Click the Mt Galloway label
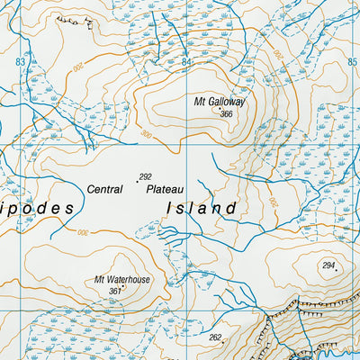pyautogui.click(x=220, y=102)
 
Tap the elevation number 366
pyautogui.click(x=226, y=114)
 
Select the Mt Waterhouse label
pyautogui.click(x=122, y=280)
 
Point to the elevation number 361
pyautogui.click(x=114, y=291)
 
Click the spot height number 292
pyautogui.click(x=145, y=176)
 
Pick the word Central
pyautogui.click(x=105, y=189)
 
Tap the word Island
pyautogui.click(x=202, y=208)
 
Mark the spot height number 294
pyautogui.click(x=328, y=265)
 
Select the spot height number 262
pyautogui.click(x=215, y=337)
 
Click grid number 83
pyautogui.click(x=20, y=61)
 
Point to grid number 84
pyautogui.click(x=186, y=62)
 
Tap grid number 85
pyautogui.click(x=352, y=62)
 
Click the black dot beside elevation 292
pyautogui.click(x=137, y=182)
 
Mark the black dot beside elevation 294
pyautogui.click(x=337, y=271)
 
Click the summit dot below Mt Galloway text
pyautogui.click(x=220, y=109)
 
